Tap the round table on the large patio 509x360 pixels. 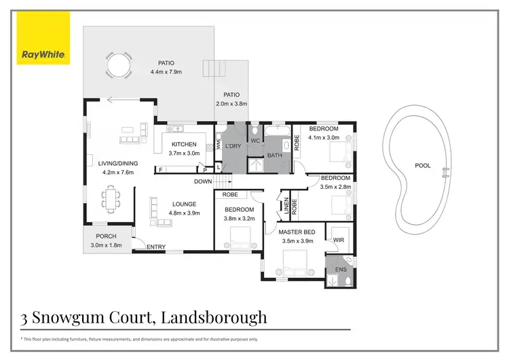(x=117, y=67)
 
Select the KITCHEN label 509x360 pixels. (x=184, y=144)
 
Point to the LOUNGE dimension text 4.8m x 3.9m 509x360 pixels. (x=185, y=212)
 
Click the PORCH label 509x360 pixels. (x=106, y=236)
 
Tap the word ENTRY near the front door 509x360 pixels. (x=156, y=247)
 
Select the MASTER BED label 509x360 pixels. (x=297, y=232)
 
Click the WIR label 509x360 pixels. (x=337, y=239)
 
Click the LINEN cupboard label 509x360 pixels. (x=286, y=205)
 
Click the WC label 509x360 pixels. (x=256, y=141)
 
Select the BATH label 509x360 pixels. (x=275, y=156)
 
